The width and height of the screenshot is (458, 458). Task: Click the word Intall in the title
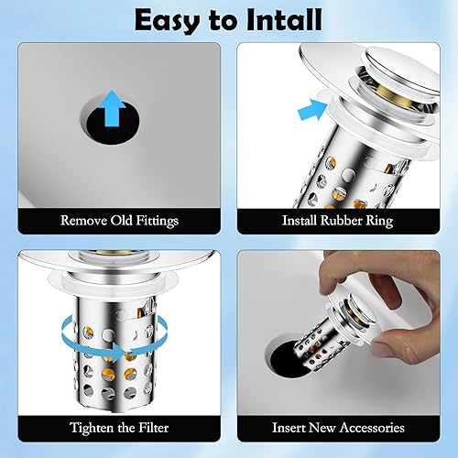coord(284,19)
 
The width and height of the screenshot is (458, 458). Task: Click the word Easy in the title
coord(169,21)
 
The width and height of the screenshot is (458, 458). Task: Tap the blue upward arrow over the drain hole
coord(113,108)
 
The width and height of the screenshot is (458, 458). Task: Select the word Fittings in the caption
coord(157,221)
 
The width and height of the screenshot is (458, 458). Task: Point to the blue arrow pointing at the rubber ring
coord(313,109)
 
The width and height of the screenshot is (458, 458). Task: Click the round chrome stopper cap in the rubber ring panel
coord(402,71)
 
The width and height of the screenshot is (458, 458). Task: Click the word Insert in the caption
coord(288,428)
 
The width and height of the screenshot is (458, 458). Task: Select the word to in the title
coord(224,21)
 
